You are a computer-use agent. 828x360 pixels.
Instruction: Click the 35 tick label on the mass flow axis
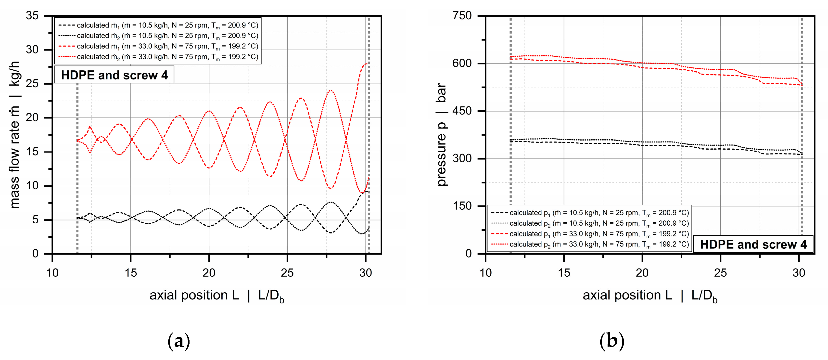click(x=32, y=16)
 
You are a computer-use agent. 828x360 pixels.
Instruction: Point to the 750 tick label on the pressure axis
click(x=462, y=16)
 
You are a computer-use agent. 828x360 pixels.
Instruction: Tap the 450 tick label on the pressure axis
click(x=462, y=111)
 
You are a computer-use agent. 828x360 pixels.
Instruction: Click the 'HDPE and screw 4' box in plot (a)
click(x=114, y=75)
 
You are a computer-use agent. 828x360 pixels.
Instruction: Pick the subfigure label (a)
click(x=179, y=341)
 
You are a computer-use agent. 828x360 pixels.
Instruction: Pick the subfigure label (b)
click(x=612, y=341)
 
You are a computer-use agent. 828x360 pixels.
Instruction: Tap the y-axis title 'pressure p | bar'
click(x=442, y=135)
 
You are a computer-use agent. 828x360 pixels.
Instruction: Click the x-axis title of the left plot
click(x=217, y=296)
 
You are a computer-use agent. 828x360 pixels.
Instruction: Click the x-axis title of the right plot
click(x=650, y=296)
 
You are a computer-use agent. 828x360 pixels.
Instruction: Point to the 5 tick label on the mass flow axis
click(x=35, y=220)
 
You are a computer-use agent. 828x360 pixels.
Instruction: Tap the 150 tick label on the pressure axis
click(x=462, y=206)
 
